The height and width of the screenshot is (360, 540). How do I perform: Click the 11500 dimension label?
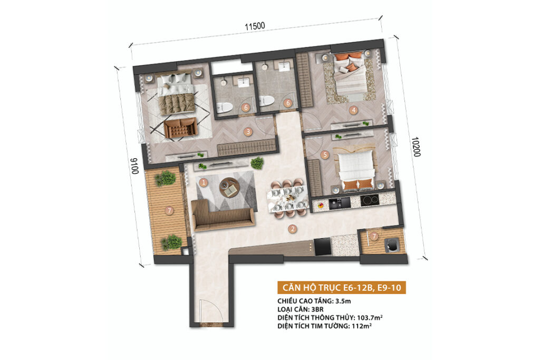tap(255, 26)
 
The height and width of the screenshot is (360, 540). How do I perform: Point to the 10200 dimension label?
tap(416, 147)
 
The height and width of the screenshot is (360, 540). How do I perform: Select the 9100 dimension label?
tap(134, 166)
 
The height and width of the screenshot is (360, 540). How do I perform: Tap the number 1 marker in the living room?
tap(204, 182)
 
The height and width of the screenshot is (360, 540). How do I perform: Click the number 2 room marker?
tap(292, 229)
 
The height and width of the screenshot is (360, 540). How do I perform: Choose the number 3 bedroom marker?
tap(248, 132)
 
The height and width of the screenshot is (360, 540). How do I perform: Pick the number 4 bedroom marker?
tap(353, 111)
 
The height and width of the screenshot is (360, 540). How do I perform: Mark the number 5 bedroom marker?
tap(325, 155)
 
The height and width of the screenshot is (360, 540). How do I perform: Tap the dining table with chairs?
tap(286, 198)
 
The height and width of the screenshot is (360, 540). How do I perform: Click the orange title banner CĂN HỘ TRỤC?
tap(342, 287)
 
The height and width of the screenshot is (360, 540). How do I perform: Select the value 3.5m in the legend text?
tap(343, 301)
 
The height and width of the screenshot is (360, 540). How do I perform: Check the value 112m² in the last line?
tap(362, 326)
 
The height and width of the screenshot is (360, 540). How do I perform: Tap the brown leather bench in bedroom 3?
tap(180, 128)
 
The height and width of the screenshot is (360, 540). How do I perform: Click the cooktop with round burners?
tap(370, 200)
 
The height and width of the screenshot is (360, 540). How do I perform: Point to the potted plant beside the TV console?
tap(257, 163)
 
